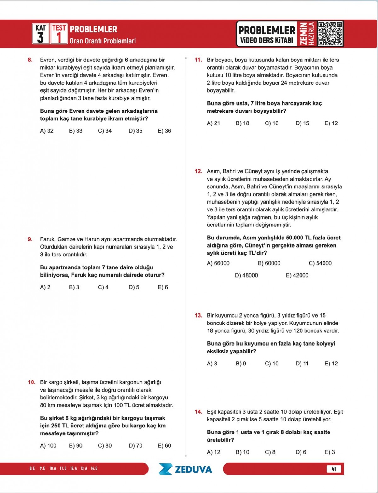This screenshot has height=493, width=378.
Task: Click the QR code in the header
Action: (330, 34)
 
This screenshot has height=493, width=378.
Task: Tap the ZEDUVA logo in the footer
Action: (185, 469)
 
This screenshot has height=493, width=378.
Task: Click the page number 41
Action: (334, 469)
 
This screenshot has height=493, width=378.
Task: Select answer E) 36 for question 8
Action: (164, 131)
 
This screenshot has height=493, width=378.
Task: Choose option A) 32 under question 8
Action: (47, 131)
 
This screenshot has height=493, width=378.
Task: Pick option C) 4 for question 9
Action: (103, 287)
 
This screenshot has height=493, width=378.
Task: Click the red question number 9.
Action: (30, 239)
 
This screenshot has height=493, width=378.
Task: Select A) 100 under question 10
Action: (48, 446)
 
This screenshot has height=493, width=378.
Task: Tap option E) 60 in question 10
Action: (164, 446)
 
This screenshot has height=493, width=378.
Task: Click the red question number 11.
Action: (198, 60)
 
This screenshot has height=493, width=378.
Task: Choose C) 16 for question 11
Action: (272, 123)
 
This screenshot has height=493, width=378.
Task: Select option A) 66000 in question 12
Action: (218, 263)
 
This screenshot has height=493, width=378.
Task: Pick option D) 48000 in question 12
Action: (246, 275)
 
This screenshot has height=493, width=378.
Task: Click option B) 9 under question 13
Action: (241, 364)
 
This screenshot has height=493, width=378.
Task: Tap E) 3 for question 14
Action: (329, 452)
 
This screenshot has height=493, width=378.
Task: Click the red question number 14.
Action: (198, 412)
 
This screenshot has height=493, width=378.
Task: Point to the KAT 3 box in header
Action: (41, 34)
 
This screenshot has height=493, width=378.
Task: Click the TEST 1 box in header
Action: (59, 34)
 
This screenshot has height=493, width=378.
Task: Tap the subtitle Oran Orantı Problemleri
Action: (103, 41)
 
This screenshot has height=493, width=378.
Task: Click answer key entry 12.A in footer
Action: (73, 468)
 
